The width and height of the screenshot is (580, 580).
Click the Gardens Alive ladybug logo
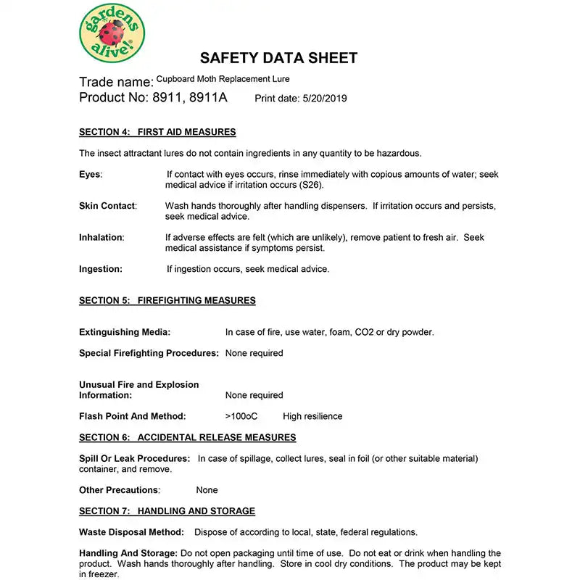tap(112, 33)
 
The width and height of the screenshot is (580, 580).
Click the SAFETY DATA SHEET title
tap(278, 59)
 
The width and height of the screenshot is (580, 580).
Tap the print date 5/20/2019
tap(324, 99)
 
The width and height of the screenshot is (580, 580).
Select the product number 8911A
tap(208, 97)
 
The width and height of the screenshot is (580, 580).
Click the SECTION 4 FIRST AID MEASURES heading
tap(157, 132)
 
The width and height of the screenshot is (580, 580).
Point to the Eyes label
tap(91, 175)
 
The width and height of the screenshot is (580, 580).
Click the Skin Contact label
tap(107, 206)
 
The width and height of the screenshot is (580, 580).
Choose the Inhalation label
tap(101, 237)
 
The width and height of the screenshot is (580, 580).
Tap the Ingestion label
tap(101, 269)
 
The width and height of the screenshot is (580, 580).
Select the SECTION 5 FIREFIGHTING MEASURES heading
tap(167, 300)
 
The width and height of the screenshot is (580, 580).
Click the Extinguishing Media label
tap(125, 332)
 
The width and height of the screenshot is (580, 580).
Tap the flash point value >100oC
tap(241, 416)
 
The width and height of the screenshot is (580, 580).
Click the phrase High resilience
tap(312, 416)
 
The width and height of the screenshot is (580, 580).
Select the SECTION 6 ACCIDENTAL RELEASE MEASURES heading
tap(187, 437)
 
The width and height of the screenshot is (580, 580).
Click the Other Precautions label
tap(120, 490)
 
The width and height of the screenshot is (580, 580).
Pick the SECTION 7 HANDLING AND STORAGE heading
tap(167, 511)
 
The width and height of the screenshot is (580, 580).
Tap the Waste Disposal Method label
tap(131, 532)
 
